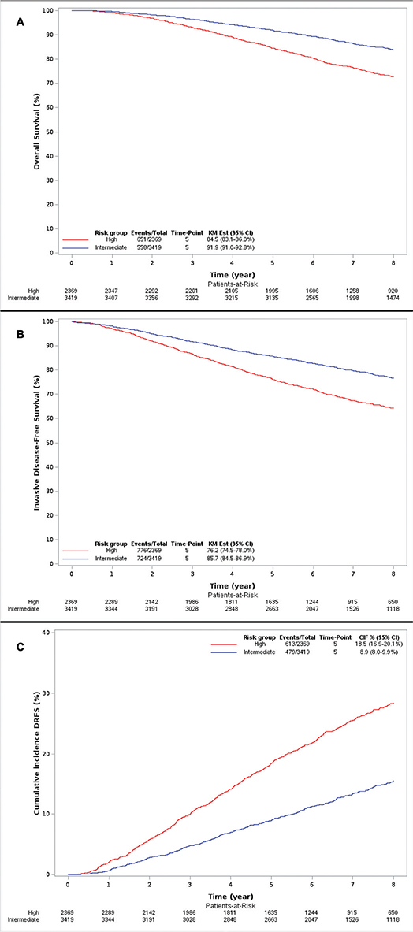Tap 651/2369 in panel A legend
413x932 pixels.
(x=148, y=239)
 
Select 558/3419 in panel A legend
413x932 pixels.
(x=148, y=246)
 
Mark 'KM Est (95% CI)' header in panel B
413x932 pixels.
(x=232, y=542)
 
